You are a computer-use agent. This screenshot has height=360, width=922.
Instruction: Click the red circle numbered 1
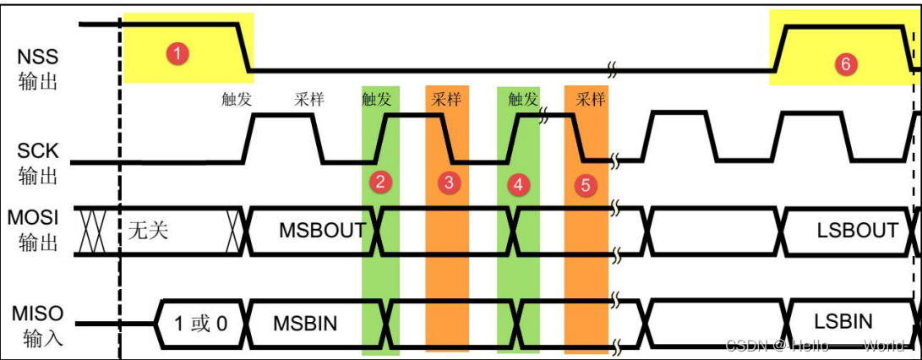[x=177, y=53]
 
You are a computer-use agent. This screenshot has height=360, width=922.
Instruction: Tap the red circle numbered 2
[x=381, y=181]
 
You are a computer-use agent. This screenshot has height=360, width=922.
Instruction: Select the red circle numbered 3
[x=449, y=182]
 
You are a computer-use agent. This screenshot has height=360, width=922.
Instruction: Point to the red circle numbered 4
[x=518, y=183]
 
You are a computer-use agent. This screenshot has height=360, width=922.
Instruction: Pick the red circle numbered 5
[x=586, y=185]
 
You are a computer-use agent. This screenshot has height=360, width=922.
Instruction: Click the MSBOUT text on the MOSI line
[x=322, y=230]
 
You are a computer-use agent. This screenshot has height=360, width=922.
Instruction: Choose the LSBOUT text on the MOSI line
[x=856, y=230]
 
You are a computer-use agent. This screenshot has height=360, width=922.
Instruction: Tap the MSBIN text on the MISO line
[x=305, y=322]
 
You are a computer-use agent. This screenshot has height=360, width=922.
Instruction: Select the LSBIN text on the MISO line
[x=843, y=321]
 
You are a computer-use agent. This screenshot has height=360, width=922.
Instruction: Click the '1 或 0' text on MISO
[x=200, y=323]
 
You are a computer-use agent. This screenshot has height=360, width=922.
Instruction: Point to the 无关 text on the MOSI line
[x=147, y=230]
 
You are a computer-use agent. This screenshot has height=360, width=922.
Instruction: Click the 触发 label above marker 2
[x=376, y=99]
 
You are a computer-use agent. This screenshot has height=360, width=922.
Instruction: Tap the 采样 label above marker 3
[x=446, y=99]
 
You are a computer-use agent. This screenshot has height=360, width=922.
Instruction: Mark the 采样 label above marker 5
[x=591, y=99]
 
